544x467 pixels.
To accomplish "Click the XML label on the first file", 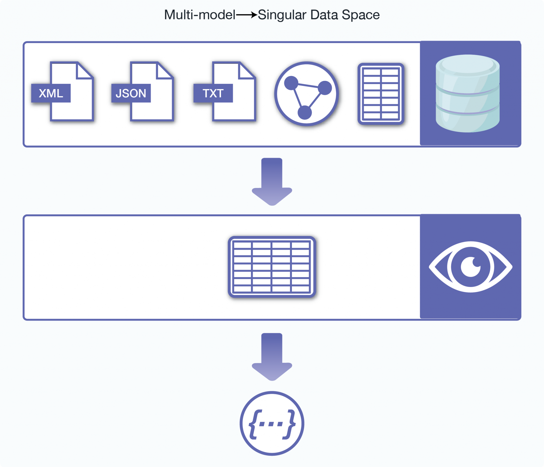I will tap(51, 93).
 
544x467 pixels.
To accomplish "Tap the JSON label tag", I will tap(131, 93).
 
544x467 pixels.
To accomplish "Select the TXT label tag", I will tap(213, 93).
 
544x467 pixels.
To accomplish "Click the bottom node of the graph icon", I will tap(305, 113).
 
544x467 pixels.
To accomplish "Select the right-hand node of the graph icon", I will tap(325, 88).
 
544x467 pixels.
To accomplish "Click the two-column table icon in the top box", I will tap(381, 94).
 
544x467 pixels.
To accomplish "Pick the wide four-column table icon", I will tap(272, 267).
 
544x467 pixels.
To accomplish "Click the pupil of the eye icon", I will tap(471, 267).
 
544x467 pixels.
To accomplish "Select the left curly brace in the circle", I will tap(254, 424).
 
